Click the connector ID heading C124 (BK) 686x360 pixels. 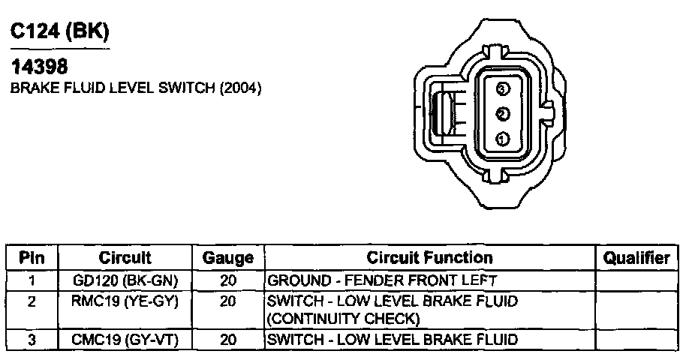pos(59,31)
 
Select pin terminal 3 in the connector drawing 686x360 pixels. pos(503,89)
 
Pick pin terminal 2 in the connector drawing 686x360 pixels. pos(503,114)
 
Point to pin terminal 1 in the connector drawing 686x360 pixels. pos(503,138)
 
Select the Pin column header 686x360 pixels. pos(32,258)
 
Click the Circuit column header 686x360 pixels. pos(125,258)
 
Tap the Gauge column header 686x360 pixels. pos(228,258)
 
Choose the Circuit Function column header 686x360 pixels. pos(429,258)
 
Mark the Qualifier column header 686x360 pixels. pos(636,258)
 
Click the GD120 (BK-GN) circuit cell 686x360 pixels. pos(125,281)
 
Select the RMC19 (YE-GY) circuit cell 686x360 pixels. pos(125,301)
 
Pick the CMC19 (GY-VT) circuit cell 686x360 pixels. pos(125,340)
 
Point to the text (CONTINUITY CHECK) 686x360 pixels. pos(343,319)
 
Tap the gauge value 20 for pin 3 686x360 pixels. pos(228,340)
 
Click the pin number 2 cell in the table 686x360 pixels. pos(32,301)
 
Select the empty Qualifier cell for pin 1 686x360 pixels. pos(636,281)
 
